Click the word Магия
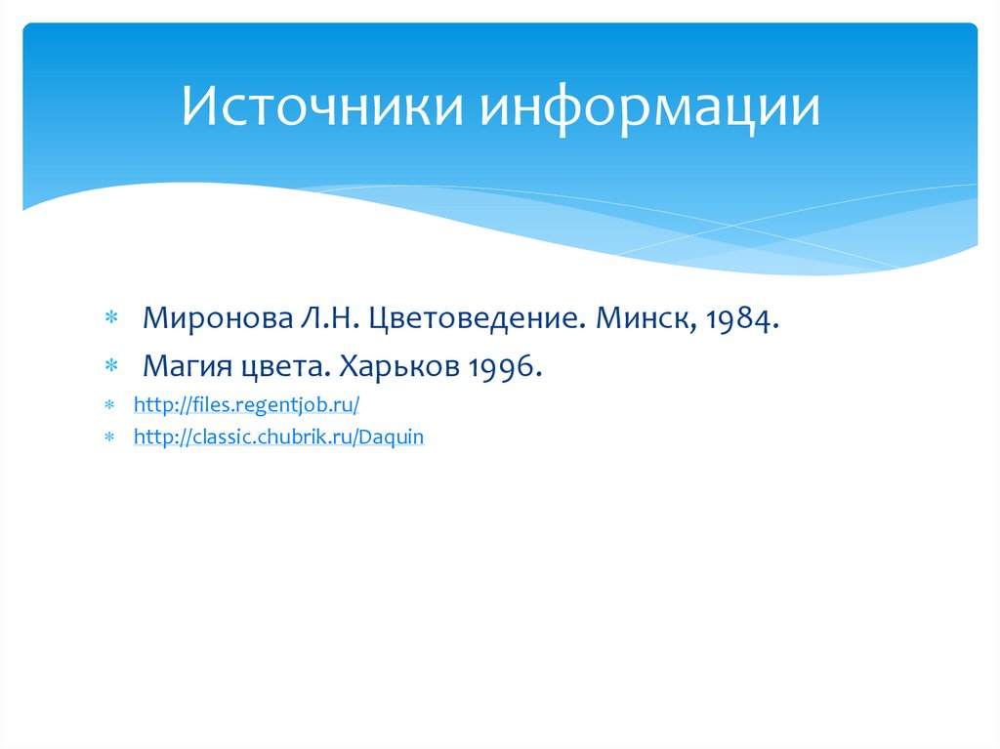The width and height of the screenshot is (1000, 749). (x=185, y=366)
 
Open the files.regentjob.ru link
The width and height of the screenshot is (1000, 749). (x=247, y=403)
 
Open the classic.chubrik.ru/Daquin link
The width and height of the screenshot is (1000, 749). (x=278, y=437)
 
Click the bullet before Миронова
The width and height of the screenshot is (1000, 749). (x=111, y=319)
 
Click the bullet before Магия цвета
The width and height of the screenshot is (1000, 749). (x=111, y=367)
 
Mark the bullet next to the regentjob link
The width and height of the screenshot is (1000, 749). (x=110, y=404)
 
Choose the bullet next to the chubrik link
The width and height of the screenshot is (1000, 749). (x=110, y=438)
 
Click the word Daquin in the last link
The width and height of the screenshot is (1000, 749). (x=392, y=437)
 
